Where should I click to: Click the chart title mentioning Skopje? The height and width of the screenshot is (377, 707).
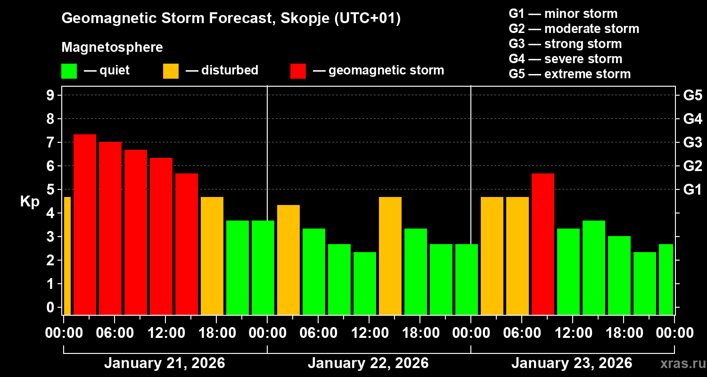[231, 18]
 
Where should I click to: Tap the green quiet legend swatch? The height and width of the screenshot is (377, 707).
[69, 71]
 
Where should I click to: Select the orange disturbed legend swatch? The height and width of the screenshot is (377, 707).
[171, 71]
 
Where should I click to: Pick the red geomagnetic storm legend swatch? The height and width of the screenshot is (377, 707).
[298, 71]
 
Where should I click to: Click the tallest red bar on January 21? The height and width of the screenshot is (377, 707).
[85, 224]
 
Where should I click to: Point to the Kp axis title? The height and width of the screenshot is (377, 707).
[30, 202]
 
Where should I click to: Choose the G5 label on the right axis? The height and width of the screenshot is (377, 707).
[693, 95]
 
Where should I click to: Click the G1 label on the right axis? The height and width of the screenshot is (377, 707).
[693, 189]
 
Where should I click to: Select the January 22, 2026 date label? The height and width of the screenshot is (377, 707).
[368, 363]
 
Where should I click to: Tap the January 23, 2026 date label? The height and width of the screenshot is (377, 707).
[572, 363]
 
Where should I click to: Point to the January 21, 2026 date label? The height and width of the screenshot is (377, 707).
[164, 363]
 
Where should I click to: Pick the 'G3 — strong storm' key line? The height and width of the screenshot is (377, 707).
[565, 44]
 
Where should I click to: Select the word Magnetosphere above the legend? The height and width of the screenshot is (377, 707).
[112, 48]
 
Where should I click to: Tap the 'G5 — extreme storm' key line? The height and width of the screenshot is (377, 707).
[569, 74]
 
